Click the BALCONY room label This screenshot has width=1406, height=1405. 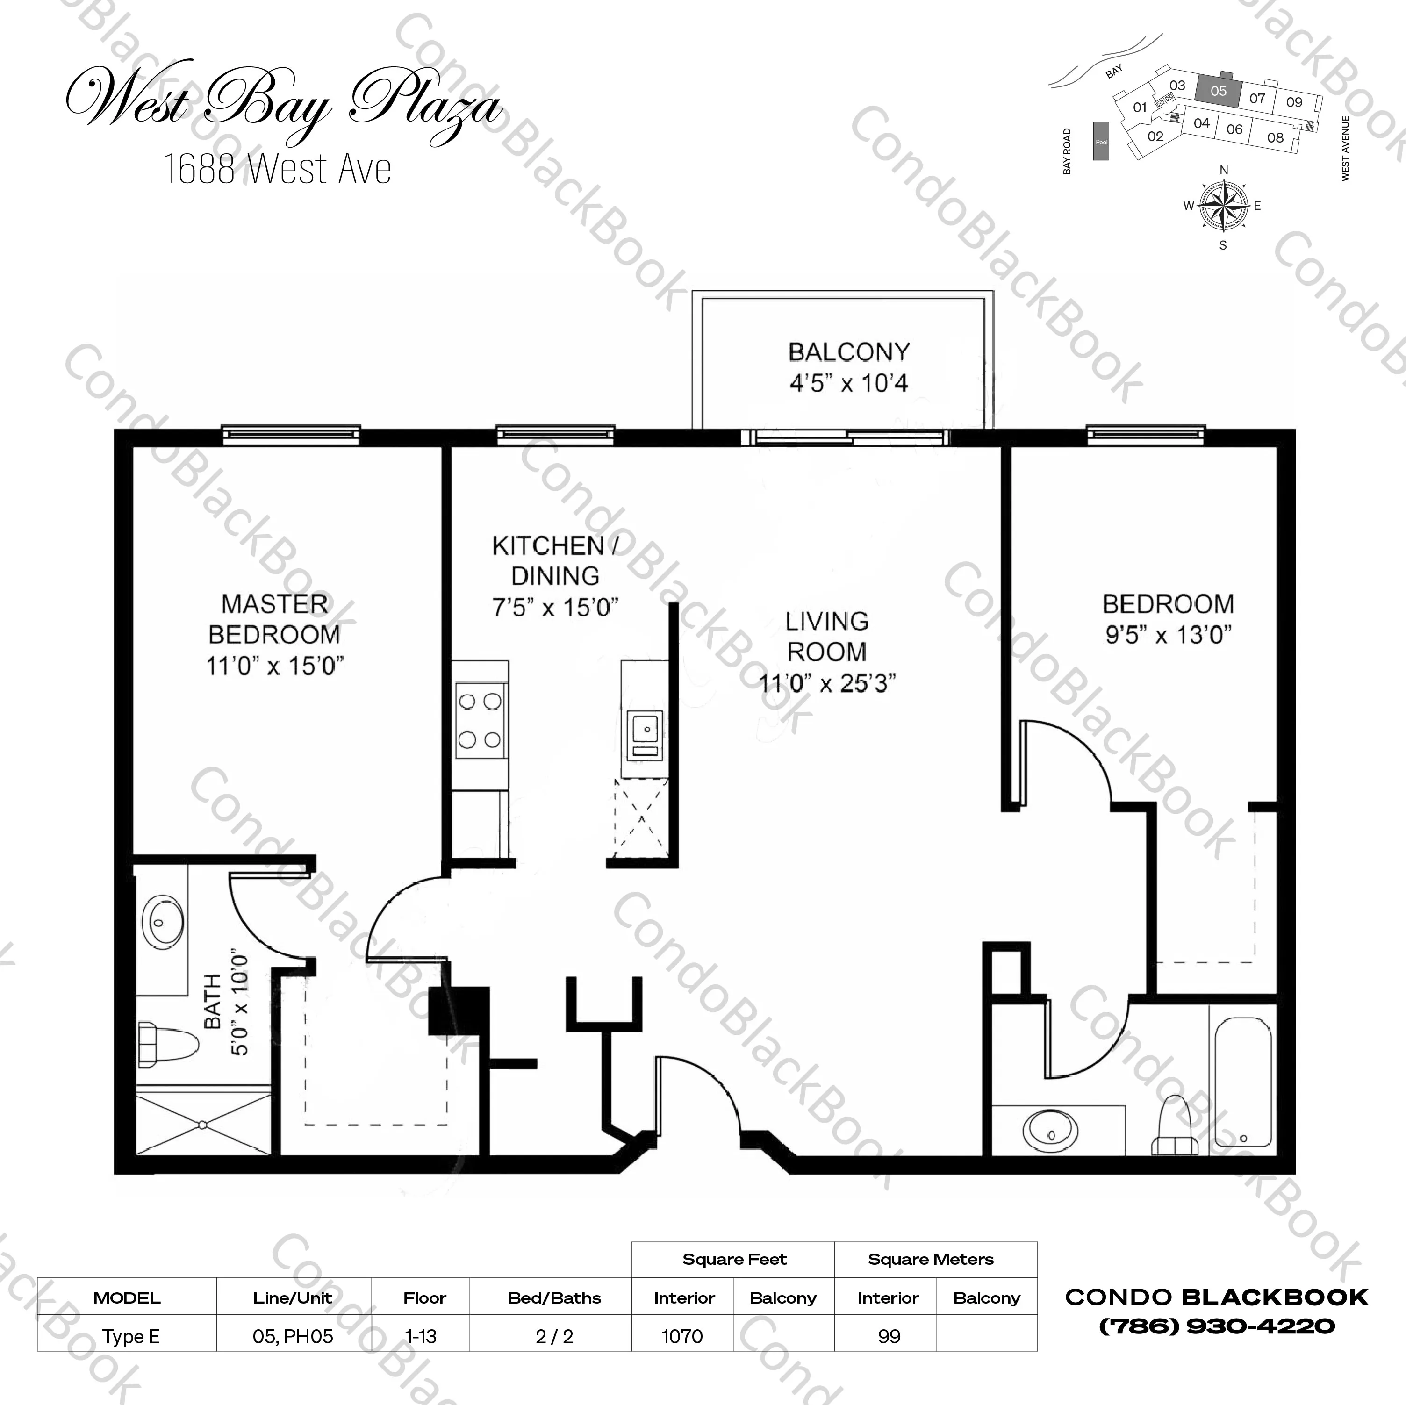coord(848,352)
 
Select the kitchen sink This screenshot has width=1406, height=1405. coord(645,736)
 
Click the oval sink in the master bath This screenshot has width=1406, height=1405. coord(162,921)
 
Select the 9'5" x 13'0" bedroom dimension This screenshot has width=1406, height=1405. coord(1168,635)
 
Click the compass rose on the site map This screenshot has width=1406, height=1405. coord(1223,205)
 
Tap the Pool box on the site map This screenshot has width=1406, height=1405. coord(1101,142)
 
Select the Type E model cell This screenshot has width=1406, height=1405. coord(130,1337)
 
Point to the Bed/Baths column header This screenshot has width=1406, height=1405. coord(554,1298)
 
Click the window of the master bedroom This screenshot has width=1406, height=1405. coord(290,435)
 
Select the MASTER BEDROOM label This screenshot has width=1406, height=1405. coord(274,619)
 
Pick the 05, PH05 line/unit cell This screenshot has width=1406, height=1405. coord(293,1337)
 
